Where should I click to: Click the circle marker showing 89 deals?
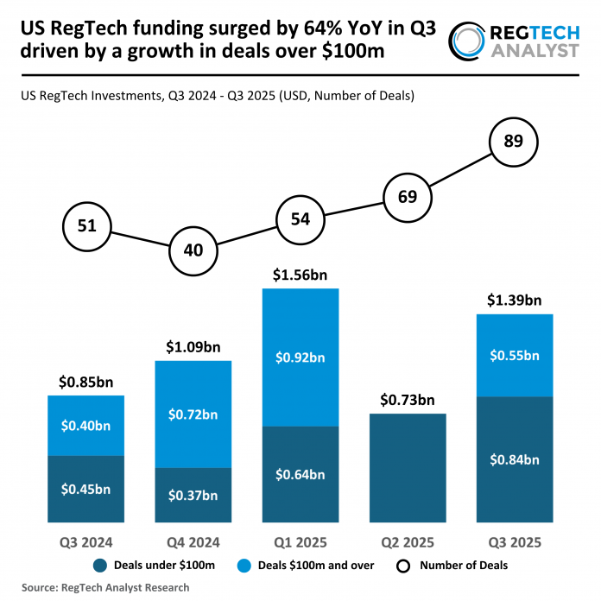tap(513, 142)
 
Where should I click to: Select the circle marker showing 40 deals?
tap(193, 250)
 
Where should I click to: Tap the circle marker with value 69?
tap(408, 196)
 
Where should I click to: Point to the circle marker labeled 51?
tap(86, 227)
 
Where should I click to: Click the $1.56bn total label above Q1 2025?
tap(300, 275)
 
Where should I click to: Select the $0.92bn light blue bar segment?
tap(300, 357)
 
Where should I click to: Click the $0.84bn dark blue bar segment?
tap(515, 459)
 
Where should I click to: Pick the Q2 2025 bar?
tap(408, 467)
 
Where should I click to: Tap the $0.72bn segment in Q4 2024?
tap(193, 414)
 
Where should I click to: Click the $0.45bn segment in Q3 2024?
tap(86, 489)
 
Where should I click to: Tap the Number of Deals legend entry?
tap(454, 566)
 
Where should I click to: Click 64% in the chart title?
tap(302, 29)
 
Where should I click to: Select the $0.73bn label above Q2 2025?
tap(408, 400)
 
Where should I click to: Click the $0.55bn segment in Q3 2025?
tap(515, 355)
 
